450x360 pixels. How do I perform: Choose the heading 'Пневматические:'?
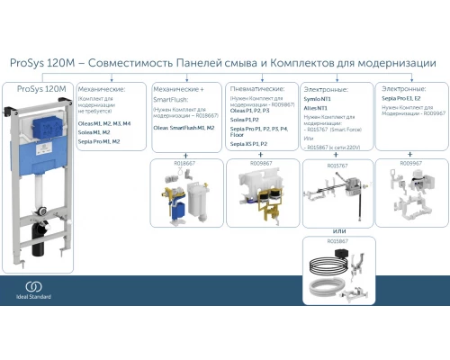[257, 90]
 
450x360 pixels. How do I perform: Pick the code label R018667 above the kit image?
[184, 165]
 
